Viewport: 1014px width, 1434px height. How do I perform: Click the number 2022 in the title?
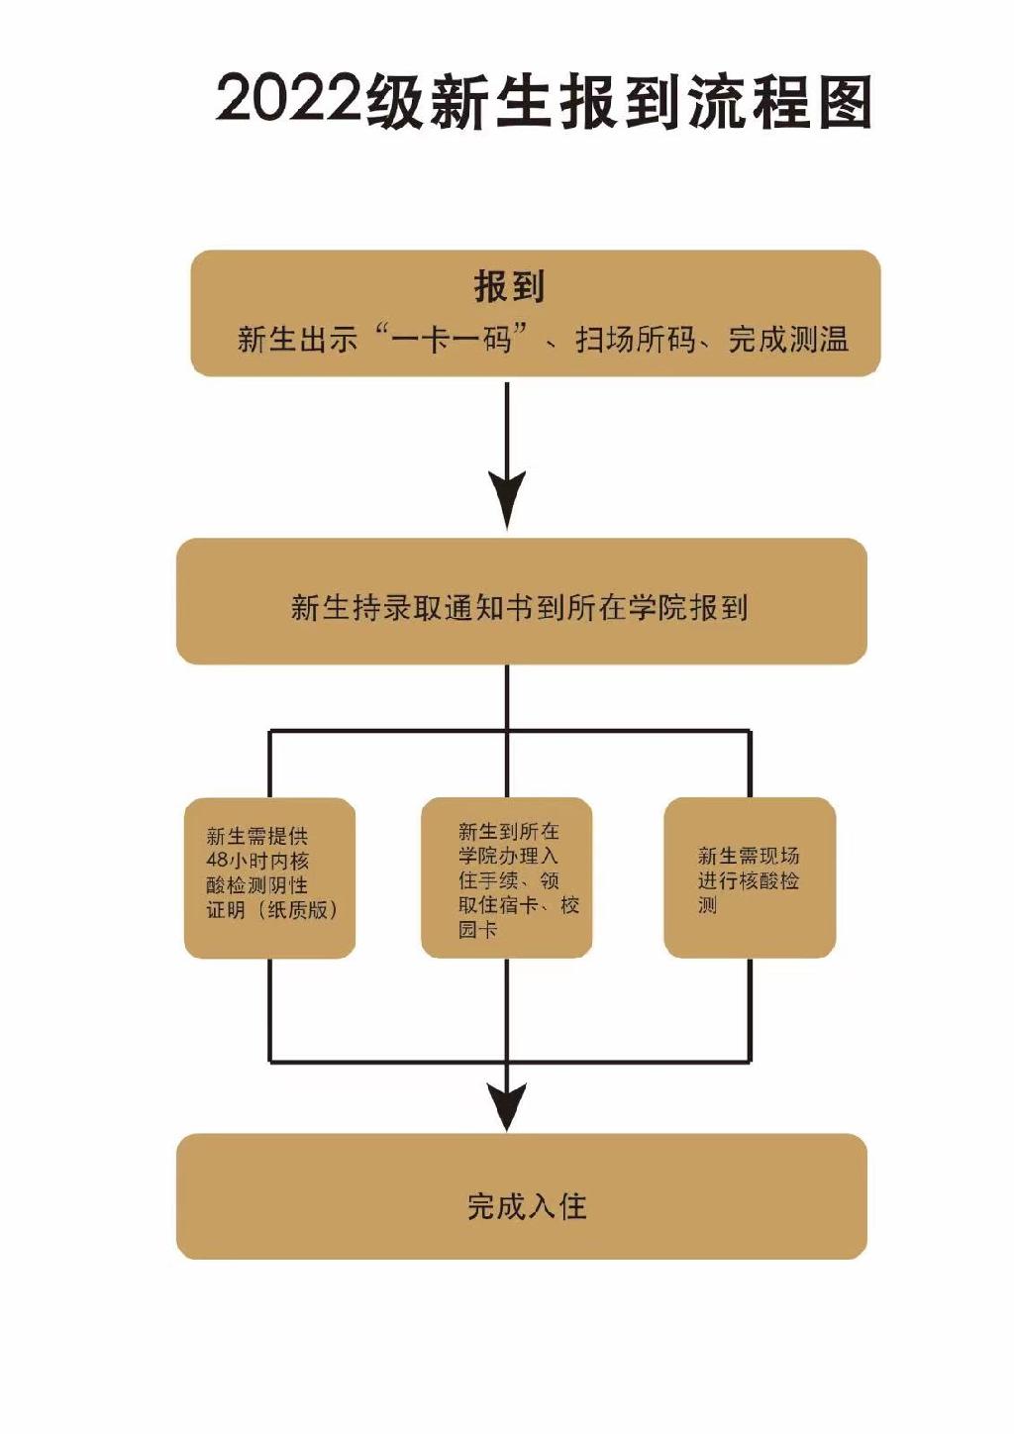(288, 100)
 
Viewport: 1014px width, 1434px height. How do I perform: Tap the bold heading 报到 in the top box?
(509, 286)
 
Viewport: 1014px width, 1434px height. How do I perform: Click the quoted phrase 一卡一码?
(452, 339)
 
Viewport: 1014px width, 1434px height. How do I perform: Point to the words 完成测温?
(788, 340)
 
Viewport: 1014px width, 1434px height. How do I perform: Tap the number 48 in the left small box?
(217, 861)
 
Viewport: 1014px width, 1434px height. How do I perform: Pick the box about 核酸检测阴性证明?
(269, 877)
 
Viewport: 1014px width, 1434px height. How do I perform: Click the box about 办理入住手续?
(507, 877)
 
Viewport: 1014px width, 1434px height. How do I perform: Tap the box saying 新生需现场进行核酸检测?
(750, 877)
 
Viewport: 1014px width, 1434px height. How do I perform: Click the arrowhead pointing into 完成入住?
(507, 1105)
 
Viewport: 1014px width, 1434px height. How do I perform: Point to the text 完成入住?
(527, 1206)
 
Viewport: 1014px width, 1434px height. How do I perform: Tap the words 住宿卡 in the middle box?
(508, 905)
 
